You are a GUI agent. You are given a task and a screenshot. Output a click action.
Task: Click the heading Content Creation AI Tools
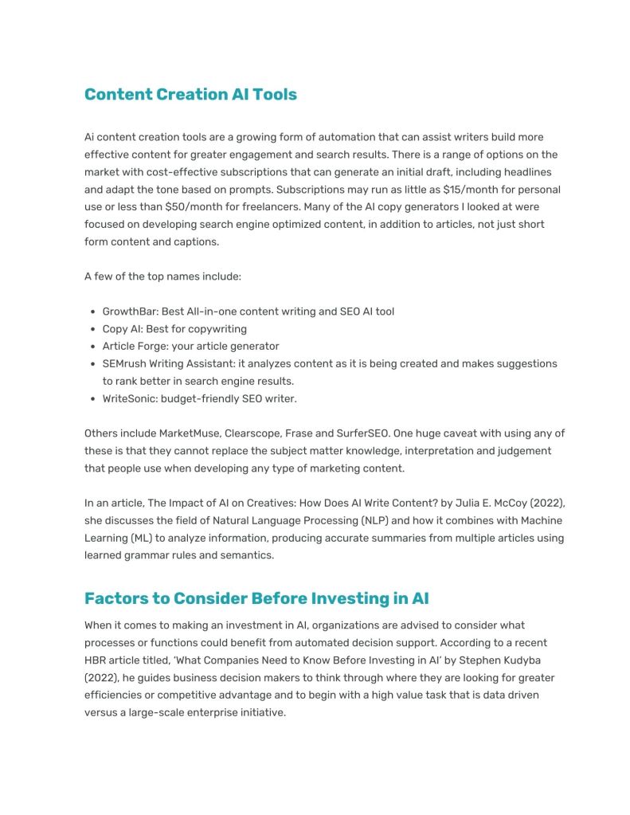click(x=190, y=94)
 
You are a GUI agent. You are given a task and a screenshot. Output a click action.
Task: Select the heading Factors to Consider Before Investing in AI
click(x=256, y=598)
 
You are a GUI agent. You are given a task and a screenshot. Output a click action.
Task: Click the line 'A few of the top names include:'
click(x=162, y=276)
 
